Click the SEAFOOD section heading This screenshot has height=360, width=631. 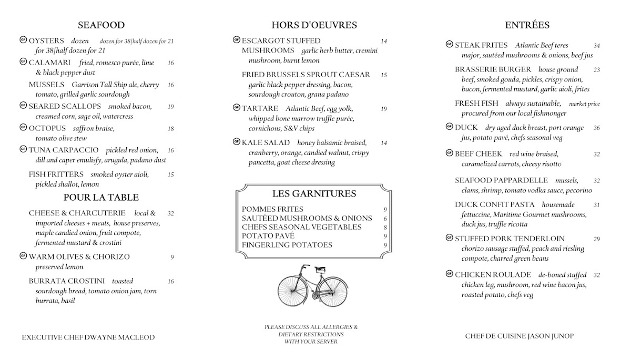click(101, 25)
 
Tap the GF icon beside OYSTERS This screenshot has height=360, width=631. click(23, 40)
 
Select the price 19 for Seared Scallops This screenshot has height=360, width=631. click(170, 107)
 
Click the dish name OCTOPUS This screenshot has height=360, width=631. click(47, 128)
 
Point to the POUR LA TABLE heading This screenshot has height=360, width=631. click(101, 198)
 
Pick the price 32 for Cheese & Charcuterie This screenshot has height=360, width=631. click(170, 214)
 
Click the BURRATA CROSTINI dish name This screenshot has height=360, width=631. click(67, 281)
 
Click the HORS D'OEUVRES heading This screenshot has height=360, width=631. click(314, 25)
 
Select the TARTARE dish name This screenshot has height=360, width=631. click(260, 109)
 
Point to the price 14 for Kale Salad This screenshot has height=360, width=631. click(384, 143)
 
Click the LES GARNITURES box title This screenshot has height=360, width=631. click(314, 194)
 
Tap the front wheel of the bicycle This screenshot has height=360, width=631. click(291, 290)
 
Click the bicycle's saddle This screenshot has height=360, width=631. click(319, 269)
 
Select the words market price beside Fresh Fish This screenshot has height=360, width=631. click(584, 104)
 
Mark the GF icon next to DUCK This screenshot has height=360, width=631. click(449, 127)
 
